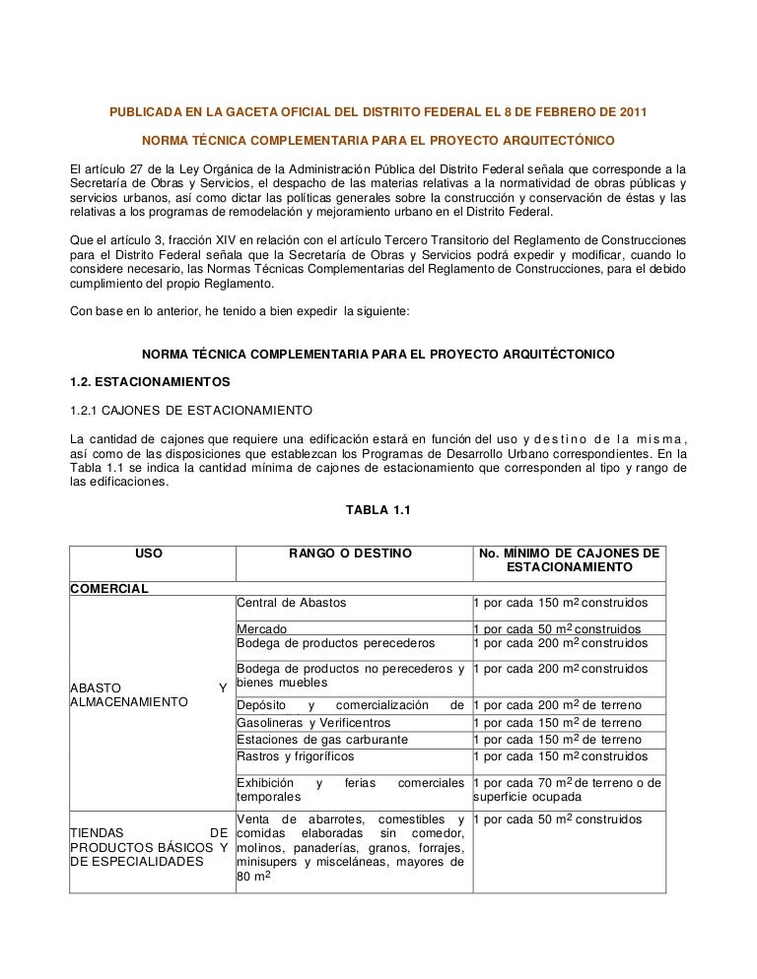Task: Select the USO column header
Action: point(149,555)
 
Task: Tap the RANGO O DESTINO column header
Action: point(350,555)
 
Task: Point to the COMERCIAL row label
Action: point(108,589)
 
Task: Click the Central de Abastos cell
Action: point(292,604)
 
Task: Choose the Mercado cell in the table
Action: point(262,628)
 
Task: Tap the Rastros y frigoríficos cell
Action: point(296,756)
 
